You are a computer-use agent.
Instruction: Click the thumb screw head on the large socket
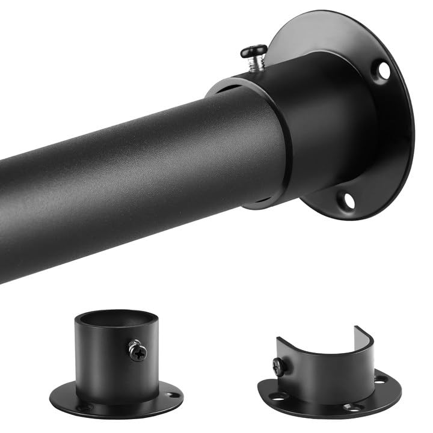click(254, 51)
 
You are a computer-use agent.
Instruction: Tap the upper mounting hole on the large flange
click(383, 70)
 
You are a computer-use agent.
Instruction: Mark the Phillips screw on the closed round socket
click(138, 351)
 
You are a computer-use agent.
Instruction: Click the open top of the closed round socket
click(108, 317)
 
